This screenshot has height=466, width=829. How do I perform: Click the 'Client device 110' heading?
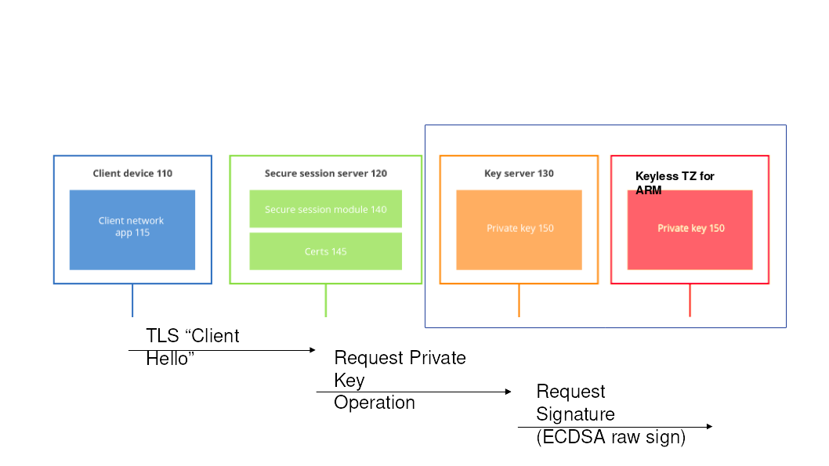pos(132,173)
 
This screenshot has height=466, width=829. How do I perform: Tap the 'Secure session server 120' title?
pos(325,173)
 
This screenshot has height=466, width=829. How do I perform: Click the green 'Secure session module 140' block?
pos(325,209)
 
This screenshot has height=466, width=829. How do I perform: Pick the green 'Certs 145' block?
pos(325,251)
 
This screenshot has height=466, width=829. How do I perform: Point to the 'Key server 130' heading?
pos(519,173)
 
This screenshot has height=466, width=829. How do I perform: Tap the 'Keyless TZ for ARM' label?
pos(674,182)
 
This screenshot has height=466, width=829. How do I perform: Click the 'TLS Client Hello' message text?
pos(192,347)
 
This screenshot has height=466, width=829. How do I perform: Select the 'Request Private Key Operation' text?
pos(400,380)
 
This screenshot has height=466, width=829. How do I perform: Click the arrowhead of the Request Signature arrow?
pos(709,426)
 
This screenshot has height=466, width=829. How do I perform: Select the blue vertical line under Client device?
pos(132,300)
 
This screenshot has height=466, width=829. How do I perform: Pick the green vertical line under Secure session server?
pos(325,300)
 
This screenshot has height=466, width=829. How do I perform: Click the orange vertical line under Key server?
pos(519,300)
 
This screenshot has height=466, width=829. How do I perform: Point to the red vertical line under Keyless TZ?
pos(690,300)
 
